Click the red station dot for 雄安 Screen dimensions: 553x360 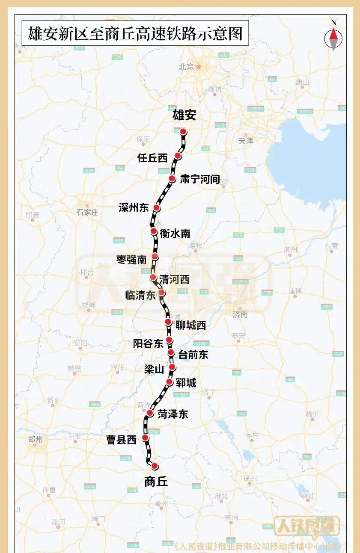(183, 131)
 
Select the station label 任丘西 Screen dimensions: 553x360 (152, 158)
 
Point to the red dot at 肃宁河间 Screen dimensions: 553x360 (172, 178)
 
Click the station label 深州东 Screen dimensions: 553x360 (134, 208)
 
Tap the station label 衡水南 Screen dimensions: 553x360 (175, 233)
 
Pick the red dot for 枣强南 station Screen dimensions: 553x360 (155, 257)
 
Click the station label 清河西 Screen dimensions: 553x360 (174, 279)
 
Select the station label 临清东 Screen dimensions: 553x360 (140, 295)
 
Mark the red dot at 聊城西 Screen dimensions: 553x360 (168, 322)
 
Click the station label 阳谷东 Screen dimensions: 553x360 (148, 343)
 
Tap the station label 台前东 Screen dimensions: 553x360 (193, 354)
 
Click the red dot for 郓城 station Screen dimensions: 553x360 (170, 382)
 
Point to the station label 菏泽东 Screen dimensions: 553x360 (173, 414)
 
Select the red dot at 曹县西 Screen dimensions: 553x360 (146, 437)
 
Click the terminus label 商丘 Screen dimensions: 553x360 (156, 482)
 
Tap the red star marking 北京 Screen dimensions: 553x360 (199, 66)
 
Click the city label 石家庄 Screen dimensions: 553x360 (87, 212)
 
